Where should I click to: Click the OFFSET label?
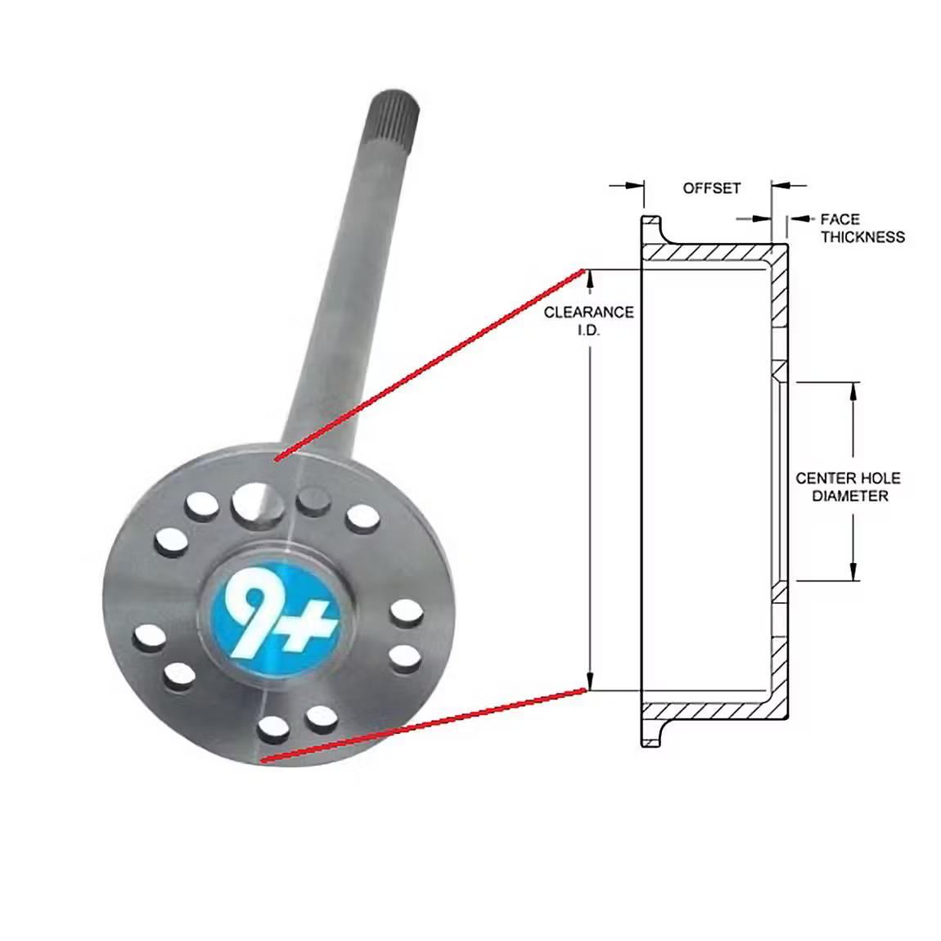(711, 188)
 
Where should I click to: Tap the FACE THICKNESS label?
(862, 228)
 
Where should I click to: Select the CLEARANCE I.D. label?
(588, 320)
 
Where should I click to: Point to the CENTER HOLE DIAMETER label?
(848, 487)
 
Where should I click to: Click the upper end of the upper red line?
(583, 271)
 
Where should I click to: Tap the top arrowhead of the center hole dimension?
(853, 391)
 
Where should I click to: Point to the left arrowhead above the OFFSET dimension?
(633, 187)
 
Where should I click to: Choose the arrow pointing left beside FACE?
(802, 219)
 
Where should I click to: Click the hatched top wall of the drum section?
(712, 252)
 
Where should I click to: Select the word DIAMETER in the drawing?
(849, 497)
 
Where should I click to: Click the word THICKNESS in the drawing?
(863, 237)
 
